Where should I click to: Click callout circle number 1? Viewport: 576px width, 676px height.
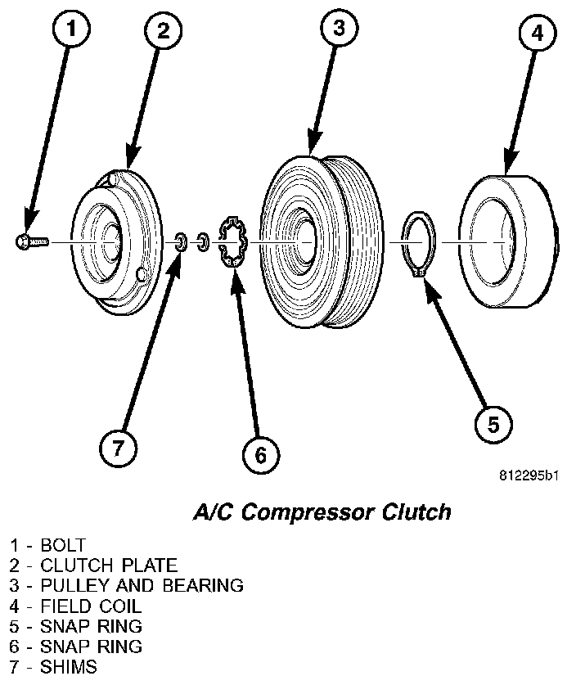tap(72, 31)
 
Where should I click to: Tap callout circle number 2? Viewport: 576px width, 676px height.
tap(163, 31)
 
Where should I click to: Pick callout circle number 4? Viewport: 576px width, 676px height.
tap(536, 34)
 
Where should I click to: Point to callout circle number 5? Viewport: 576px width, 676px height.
tap(493, 423)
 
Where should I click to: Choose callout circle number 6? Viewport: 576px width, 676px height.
tap(259, 454)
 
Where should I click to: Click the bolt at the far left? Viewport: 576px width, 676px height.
tap(30, 241)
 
